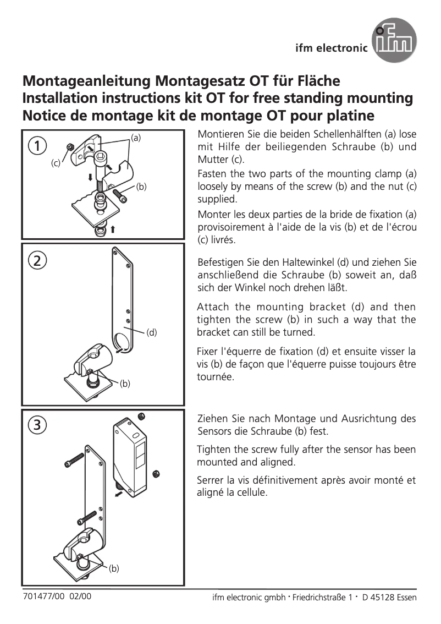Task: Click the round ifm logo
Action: [394, 40]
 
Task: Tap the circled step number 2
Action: [37, 261]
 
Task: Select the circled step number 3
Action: [37, 424]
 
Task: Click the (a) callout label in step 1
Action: [136, 136]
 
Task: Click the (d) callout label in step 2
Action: [152, 332]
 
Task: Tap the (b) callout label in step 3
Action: [114, 568]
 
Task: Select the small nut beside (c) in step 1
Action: [70, 147]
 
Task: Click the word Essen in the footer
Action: [406, 598]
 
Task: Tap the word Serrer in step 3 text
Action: [211, 480]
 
